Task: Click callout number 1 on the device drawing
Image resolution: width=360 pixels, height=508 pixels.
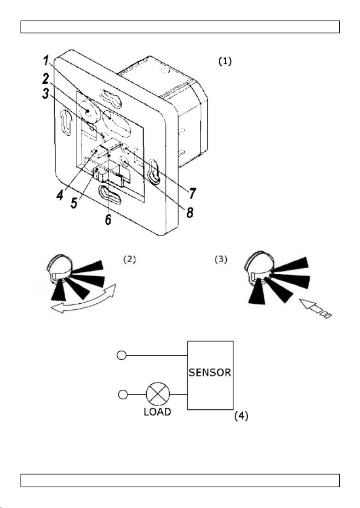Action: [x=46, y=61]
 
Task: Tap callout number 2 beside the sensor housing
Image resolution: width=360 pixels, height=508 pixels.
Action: [x=46, y=78]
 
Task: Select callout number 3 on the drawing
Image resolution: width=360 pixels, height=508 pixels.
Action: [x=46, y=93]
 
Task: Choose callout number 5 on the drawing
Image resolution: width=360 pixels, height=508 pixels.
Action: [x=74, y=203]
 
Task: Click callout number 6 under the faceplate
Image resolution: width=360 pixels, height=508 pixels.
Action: [x=108, y=219]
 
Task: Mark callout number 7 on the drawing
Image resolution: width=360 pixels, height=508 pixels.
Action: [x=193, y=193]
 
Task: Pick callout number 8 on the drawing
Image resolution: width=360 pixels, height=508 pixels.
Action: [x=190, y=212]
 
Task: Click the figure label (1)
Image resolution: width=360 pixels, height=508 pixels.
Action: [x=225, y=61]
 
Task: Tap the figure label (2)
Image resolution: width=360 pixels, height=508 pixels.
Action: [x=130, y=260]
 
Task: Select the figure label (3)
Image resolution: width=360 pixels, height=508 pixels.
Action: [x=221, y=260]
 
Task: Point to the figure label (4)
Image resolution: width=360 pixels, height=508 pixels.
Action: [x=241, y=416]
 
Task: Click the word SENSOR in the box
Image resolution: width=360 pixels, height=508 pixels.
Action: [x=210, y=373]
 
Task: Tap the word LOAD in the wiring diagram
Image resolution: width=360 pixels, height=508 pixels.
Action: [x=158, y=412]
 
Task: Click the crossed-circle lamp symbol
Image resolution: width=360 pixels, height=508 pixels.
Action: [x=158, y=394]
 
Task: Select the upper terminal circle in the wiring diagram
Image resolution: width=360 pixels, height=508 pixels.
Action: [x=121, y=355]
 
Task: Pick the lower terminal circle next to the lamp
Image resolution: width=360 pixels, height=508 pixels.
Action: [x=123, y=395]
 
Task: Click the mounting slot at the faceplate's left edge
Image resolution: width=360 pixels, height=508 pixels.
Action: [x=66, y=122]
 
